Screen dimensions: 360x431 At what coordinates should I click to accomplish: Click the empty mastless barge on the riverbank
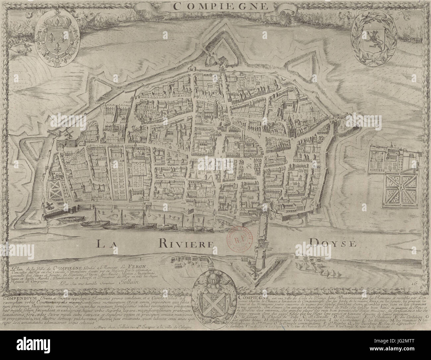coord(69,220)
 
